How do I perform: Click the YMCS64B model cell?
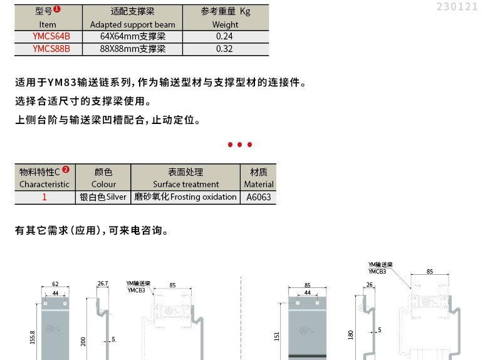pos(51,36)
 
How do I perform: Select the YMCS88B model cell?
pos(51,48)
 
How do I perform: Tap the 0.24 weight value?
pos(224,36)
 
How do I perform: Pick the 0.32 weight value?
pos(224,48)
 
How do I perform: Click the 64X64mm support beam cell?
pos(132,36)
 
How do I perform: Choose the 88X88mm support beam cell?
pos(132,48)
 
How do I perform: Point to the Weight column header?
pos(225,24)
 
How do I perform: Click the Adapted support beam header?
pos(132,24)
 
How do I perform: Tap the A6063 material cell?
pos(259,197)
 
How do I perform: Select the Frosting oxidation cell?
pos(185,197)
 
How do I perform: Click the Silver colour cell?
pos(103,197)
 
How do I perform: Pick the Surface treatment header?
pos(185,184)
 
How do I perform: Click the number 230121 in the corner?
pos(457,7)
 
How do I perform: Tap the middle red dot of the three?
pos(240,145)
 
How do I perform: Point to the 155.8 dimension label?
pos(33,338)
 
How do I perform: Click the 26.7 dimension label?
pos(103,284)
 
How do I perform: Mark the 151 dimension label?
pos(276,337)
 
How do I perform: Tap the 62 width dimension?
pos(55,284)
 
